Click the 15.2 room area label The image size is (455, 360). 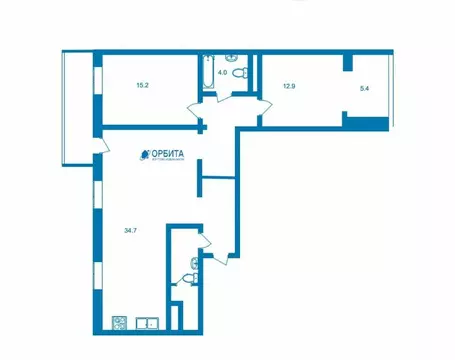pos(142,85)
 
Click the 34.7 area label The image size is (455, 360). pos(130,231)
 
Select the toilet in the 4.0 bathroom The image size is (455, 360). pos(231,57)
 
